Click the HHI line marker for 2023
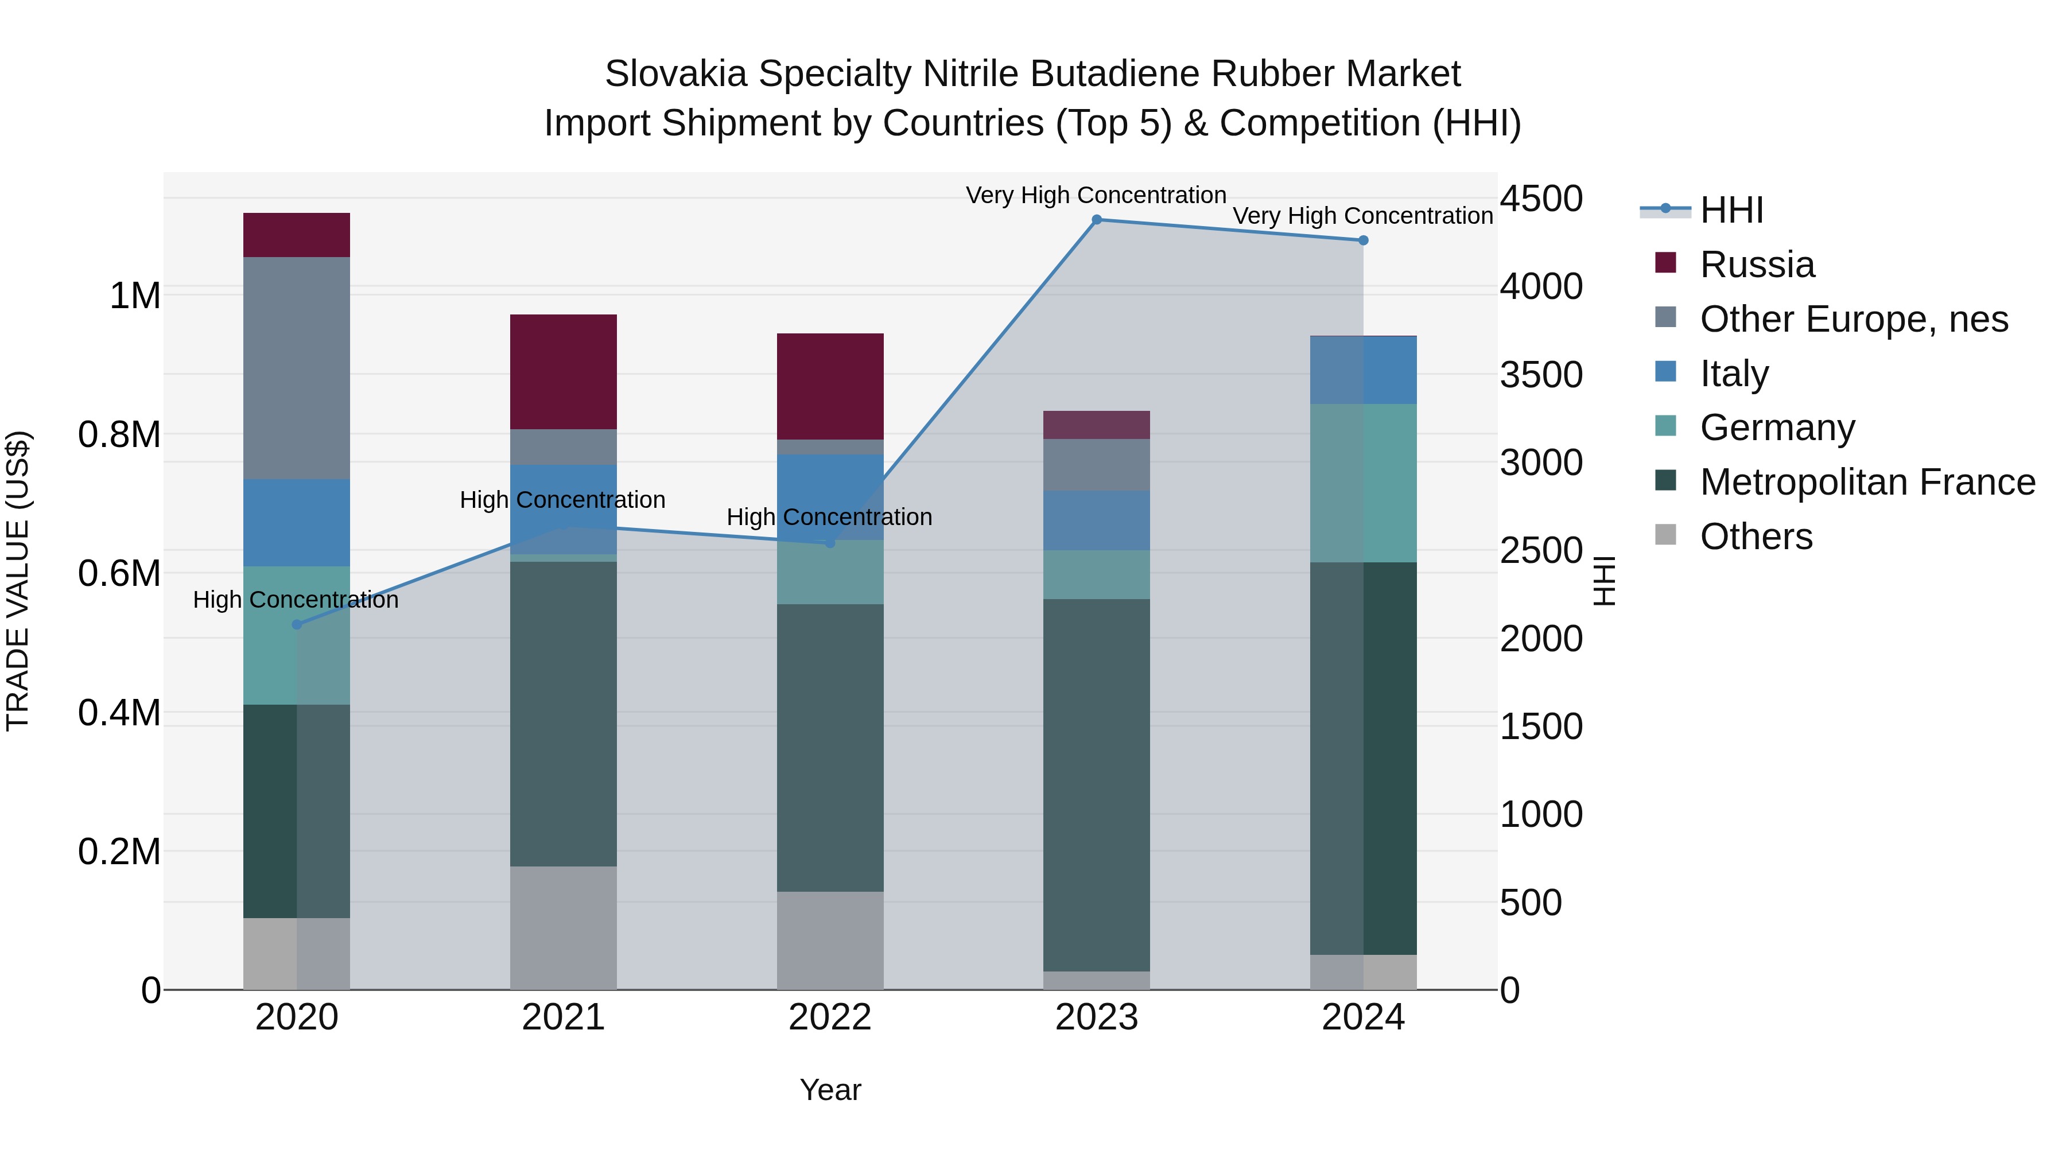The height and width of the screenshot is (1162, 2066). (x=1096, y=220)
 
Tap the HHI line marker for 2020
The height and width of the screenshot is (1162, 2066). (x=297, y=625)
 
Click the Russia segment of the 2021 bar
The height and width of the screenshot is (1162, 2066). (x=563, y=371)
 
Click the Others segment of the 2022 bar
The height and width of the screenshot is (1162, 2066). (x=830, y=940)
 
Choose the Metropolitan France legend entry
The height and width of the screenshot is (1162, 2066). (x=1866, y=482)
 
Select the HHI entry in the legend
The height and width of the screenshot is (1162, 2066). (x=1731, y=210)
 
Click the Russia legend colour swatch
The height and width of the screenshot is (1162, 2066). (x=1666, y=263)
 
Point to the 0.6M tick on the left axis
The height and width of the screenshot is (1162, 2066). (x=119, y=574)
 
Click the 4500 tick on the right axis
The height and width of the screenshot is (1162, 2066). (x=1541, y=199)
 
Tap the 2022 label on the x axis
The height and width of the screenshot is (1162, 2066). (x=830, y=1017)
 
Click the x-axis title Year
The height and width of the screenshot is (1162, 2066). (x=830, y=1090)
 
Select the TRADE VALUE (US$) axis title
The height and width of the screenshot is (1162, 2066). (x=18, y=581)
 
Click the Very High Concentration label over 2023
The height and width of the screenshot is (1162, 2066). (x=1096, y=195)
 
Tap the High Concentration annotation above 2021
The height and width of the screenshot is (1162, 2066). (x=562, y=500)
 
